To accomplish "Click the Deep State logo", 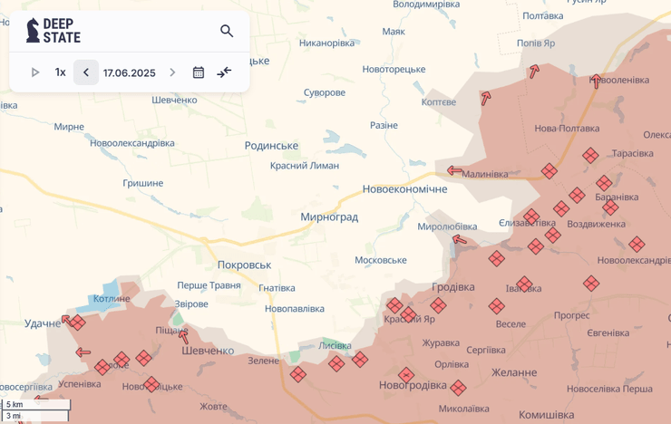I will tap(53, 31).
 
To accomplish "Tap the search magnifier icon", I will tap(227, 31).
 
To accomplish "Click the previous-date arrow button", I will tap(86, 72).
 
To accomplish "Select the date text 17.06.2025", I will tap(129, 72).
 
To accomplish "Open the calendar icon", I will tap(199, 72).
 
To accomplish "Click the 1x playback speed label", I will tap(60, 72).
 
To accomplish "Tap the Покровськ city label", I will tap(244, 265).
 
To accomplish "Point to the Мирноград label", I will tap(329, 217).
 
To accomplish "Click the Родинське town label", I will tap(271, 145).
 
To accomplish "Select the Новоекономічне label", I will tap(404, 188).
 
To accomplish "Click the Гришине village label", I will tap(143, 183).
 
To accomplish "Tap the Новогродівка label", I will tap(413, 385).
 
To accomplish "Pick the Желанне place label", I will tap(514, 371).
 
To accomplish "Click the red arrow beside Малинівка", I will tap(454, 170).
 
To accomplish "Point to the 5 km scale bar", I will tap(36, 405).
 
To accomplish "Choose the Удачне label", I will tap(43, 323).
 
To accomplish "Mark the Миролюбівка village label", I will tap(447, 226).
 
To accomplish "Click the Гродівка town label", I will tap(453, 286).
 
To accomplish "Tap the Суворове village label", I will tap(325, 92).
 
